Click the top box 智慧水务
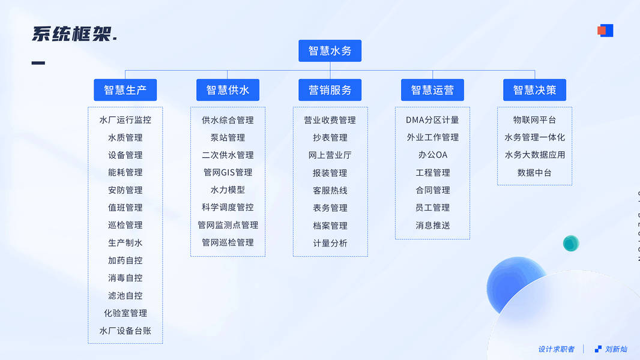pos(330,51)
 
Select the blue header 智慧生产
pos(125,90)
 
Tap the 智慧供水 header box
pos(228,90)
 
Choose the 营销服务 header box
pos(330,90)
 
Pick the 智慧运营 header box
pos(432,90)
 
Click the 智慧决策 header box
pos(534,90)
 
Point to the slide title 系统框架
pos(74,34)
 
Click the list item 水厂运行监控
pos(125,120)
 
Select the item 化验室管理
pos(125,313)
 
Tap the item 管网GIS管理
pos(228,173)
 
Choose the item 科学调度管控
pos(228,208)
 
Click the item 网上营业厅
pos(330,155)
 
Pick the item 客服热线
pos(330,190)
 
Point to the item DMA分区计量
pos(432,120)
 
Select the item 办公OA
pos(432,155)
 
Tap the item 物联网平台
pos(534,120)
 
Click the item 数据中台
pos(534,173)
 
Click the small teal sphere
pos(571,243)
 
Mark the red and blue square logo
pos(605,31)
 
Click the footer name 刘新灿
pos(616,349)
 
